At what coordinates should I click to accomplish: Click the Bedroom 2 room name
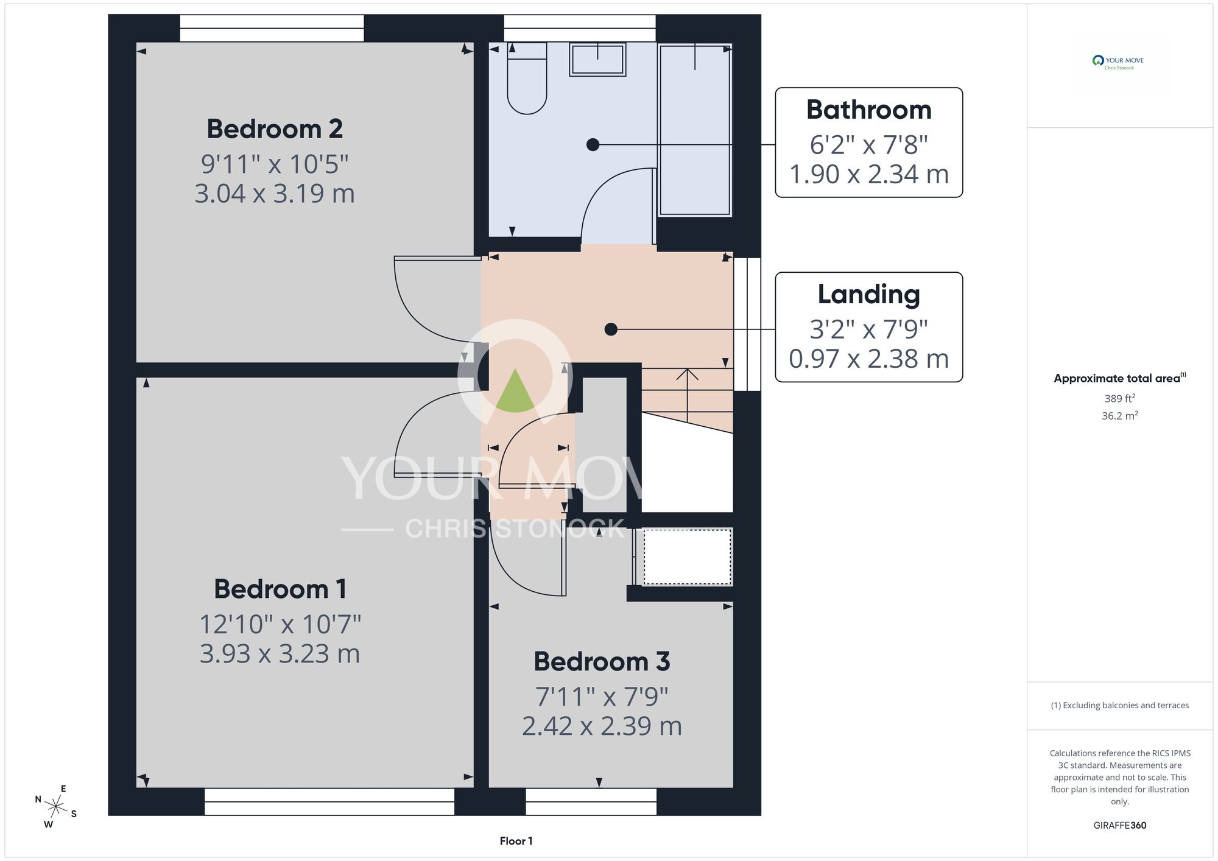(x=275, y=129)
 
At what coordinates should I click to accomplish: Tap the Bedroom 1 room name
(x=280, y=589)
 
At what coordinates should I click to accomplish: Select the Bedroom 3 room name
(x=602, y=661)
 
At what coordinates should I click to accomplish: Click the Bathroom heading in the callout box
(x=869, y=110)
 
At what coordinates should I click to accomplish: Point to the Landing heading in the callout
(x=869, y=295)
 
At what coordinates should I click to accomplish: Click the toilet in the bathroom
(x=527, y=79)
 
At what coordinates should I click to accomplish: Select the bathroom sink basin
(x=597, y=60)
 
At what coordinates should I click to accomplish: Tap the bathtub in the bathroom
(x=695, y=130)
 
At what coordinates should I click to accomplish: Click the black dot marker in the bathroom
(x=593, y=145)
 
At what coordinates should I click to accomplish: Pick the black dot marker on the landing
(x=611, y=329)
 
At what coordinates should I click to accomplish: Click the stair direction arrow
(x=687, y=396)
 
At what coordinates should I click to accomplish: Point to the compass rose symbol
(x=56, y=807)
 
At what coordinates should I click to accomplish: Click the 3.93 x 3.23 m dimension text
(x=280, y=653)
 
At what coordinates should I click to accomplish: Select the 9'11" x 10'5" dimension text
(x=275, y=164)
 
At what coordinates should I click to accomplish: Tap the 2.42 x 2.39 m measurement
(x=602, y=726)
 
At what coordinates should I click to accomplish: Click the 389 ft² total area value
(x=1120, y=398)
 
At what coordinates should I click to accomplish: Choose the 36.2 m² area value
(x=1120, y=416)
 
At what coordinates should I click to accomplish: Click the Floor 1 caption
(x=516, y=841)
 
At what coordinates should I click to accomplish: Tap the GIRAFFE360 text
(x=1120, y=826)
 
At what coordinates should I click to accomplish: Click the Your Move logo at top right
(x=1118, y=62)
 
